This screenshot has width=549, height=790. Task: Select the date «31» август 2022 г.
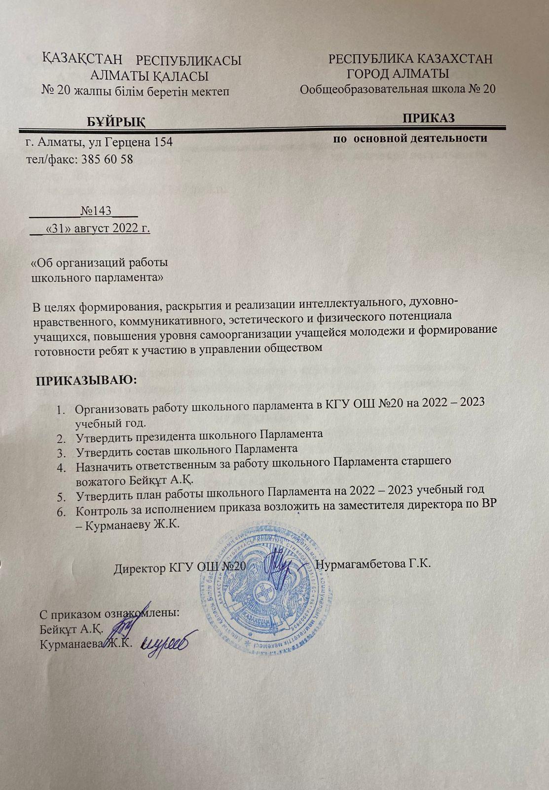(97, 229)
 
